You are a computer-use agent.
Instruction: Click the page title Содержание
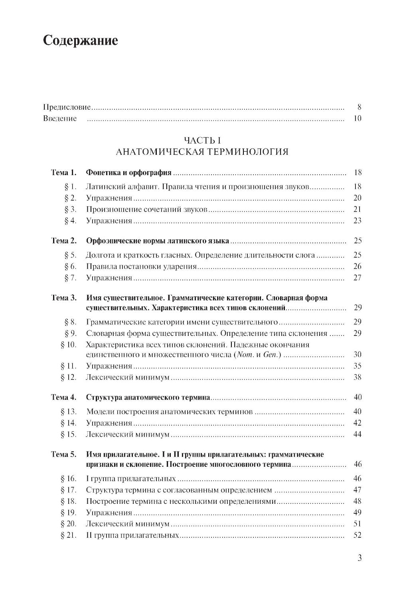coord(80,40)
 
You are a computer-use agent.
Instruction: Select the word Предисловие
coord(67,107)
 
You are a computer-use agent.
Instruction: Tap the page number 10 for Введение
coord(357,118)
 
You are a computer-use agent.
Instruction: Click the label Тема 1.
coord(63,173)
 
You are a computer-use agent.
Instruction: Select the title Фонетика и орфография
coord(128,173)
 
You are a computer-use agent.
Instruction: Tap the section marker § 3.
coord(70,209)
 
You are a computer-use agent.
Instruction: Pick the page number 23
coord(357,221)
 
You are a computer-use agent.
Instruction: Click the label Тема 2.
coord(63,241)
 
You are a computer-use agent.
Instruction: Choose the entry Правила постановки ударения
coord(141,266)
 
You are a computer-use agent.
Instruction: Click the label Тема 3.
coord(63,298)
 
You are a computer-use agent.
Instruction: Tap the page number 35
coord(357,366)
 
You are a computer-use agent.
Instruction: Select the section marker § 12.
coord(68,377)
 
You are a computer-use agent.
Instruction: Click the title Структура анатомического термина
coord(148,397)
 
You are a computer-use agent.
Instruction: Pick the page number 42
coord(357,423)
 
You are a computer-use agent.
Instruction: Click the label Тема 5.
coord(63,454)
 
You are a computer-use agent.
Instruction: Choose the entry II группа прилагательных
coord(132,535)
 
